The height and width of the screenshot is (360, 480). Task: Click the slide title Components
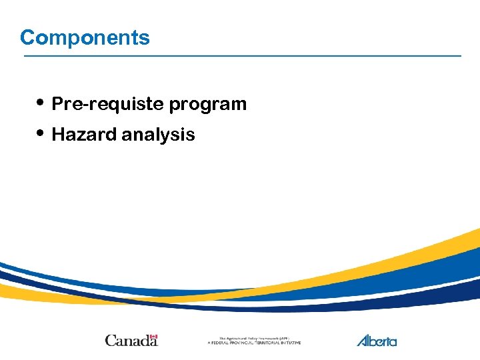(x=85, y=37)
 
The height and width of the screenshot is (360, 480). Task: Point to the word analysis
(x=158, y=135)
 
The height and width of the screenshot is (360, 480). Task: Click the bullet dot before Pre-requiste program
(x=41, y=103)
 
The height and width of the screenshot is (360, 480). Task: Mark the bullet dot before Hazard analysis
(x=41, y=133)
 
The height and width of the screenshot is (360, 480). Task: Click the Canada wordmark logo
(x=131, y=340)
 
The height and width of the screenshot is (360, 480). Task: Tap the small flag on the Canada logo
(x=153, y=337)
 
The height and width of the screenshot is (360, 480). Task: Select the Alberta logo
(x=377, y=340)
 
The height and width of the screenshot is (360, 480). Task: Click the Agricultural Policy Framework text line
(x=253, y=338)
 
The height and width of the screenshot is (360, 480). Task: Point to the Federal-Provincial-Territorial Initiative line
(x=254, y=343)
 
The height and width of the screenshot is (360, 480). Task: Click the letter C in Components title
(x=27, y=37)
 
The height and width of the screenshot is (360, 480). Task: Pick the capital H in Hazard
(x=57, y=135)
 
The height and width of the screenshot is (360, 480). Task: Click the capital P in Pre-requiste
(x=57, y=104)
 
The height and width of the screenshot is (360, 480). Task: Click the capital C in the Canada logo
(x=110, y=340)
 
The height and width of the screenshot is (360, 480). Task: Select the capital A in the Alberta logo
(x=363, y=340)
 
